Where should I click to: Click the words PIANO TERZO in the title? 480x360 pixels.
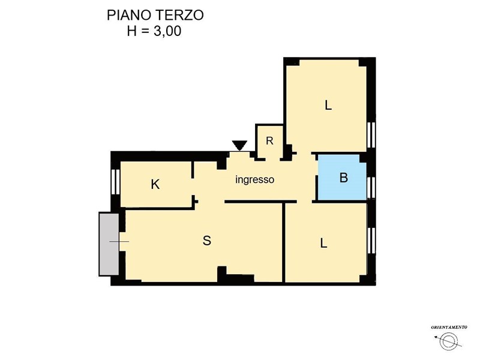coord(155,15)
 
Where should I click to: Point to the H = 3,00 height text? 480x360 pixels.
coord(154,31)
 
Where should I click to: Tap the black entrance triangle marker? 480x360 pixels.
coord(239,145)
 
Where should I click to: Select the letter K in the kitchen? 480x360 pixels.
coord(155,185)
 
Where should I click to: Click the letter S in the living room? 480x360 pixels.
coord(207,241)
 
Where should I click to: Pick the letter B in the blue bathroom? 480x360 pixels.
coord(344,178)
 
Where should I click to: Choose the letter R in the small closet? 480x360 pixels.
coord(269,141)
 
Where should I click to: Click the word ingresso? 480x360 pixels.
coord(254,179)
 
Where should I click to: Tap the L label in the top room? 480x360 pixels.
coord(328,106)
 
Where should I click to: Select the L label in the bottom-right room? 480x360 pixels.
coord(323,244)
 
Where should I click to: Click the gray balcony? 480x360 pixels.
coord(109,244)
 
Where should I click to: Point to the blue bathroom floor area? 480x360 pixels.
coord(342,178)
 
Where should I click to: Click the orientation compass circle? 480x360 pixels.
coord(448,341)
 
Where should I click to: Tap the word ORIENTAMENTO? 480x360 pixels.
coord(449,327)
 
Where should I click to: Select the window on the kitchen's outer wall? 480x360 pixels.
coord(116,182)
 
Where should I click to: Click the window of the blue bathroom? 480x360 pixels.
coord(371,187)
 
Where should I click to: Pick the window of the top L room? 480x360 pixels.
coord(371,134)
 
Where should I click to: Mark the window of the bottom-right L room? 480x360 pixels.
coord(371,241)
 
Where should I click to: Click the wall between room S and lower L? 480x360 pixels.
coord(284,242)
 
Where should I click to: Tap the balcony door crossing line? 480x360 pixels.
coord(119,242)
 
